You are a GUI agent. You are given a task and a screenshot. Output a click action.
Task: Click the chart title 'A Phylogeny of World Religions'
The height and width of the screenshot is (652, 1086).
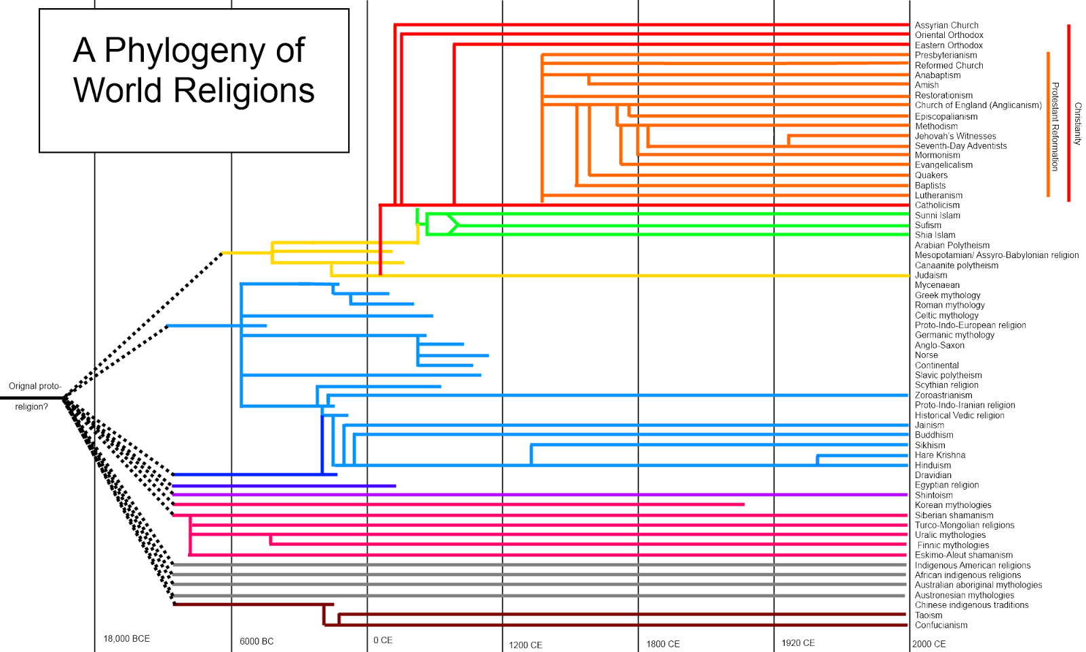pyautogui.click(x=193, y=71)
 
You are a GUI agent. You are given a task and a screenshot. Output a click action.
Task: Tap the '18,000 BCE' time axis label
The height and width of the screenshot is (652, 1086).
pyautogui.click(x=126, y=638)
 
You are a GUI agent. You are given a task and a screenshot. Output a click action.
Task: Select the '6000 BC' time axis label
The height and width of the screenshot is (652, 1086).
pyautogui.click(x=257, y=641)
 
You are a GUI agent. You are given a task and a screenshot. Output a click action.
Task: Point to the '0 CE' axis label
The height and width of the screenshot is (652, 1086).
pyautogui.click(x=383, y=640)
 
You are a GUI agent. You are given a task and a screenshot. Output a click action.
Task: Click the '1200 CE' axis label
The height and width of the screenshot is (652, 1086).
pyautogui.click(x=525, y=645)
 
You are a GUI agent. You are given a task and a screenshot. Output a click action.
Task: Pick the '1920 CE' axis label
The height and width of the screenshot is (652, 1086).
pyautogui.click(x=798, y=642)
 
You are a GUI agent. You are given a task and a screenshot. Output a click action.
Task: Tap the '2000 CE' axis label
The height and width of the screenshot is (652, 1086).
pyautogui.click(x=929, y=644)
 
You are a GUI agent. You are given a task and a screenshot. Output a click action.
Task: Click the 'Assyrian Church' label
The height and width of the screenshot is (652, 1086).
pyautogui.click(x=946, y=25)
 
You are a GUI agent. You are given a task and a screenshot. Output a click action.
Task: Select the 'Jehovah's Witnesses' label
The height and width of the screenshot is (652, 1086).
pyautogui.click(x=955, y=136)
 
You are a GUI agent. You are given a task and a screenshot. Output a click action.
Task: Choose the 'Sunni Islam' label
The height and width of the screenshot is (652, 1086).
pyautogui.click(x=937, y=215)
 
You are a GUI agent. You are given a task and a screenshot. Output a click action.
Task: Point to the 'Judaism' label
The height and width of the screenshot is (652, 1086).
pyautogui.click(x=931, y=275)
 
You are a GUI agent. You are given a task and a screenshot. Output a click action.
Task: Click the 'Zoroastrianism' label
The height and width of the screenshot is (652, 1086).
pyautogui.click(x=943, y=395)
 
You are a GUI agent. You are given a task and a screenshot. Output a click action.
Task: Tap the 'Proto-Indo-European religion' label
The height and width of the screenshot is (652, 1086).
pyautogui.click(x=970, y=325)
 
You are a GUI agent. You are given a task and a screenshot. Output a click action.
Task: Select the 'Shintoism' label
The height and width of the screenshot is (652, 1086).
pyautogui.click(x=933, y=495)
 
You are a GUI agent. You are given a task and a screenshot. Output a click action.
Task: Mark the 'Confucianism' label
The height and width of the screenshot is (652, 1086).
pyautogui.click(x=941, y=625)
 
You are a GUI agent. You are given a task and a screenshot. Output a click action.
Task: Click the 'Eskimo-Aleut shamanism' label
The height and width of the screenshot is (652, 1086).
pyautogui.click(x=963, y=555)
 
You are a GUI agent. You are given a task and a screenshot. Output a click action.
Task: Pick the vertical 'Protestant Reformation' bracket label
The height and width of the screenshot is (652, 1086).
pyautogui.click(x=1055, y=126)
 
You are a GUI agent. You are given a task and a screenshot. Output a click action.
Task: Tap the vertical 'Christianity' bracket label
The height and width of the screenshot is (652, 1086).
pyautogui.click(x=1077, y=124)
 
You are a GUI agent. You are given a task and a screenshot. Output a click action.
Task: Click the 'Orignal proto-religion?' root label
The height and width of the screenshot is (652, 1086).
pyautogui.click(x=34, y=396)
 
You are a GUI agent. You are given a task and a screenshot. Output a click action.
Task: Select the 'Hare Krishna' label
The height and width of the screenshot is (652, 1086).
pyautogui.click(x=939, y=455)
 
